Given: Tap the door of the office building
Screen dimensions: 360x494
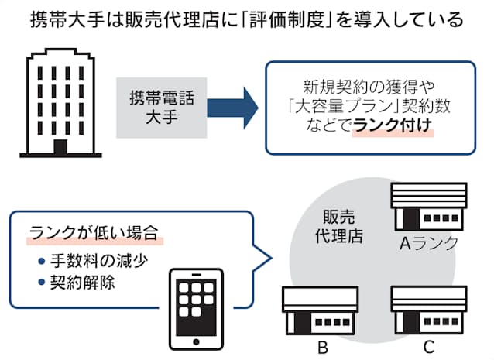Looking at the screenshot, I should [60, 147].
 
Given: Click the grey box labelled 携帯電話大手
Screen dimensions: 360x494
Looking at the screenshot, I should [162, 107].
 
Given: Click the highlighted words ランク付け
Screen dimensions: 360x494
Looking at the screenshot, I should [393, 129].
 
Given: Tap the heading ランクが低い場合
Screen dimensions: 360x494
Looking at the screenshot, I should [94, 231].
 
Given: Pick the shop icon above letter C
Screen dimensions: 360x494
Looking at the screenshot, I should [428, 308].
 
